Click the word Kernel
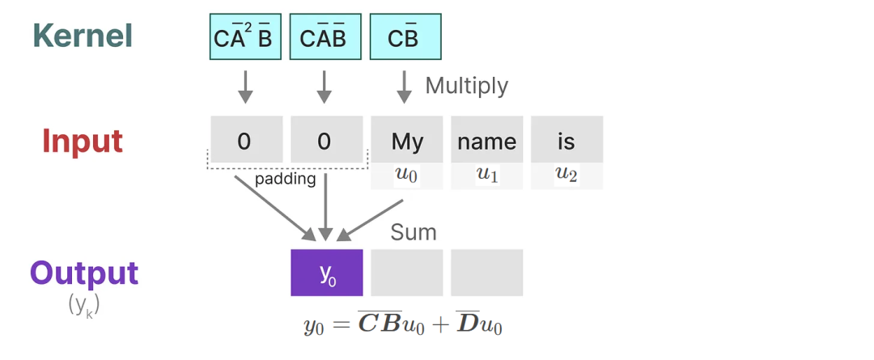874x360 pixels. tap(83, 36)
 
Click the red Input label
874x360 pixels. tap(83, 141)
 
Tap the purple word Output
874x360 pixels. tap(84, 273)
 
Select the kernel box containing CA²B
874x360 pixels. tap(245, 36)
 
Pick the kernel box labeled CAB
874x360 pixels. tap(325, 36)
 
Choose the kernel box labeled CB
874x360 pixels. tap(405, 36)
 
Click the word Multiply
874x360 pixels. tap(467, 86)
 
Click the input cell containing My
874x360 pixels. tap(407, 140)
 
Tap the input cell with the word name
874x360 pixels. tap(486, 140)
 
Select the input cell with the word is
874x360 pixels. tap(566, 140)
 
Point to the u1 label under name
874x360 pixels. tap(486, 175)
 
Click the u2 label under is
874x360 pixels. tap(566, 175)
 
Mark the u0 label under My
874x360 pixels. tap(407, 175)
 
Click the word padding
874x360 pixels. tap(286, 180)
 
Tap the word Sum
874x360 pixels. tap(413, 232)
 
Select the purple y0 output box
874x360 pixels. tap(327, 273)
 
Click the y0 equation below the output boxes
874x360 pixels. tap(403, 324)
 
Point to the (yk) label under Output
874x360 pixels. tap(84, 304)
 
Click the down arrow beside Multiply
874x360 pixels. tap(404, 87)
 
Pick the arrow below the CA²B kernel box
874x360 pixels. tap(245, 87)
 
